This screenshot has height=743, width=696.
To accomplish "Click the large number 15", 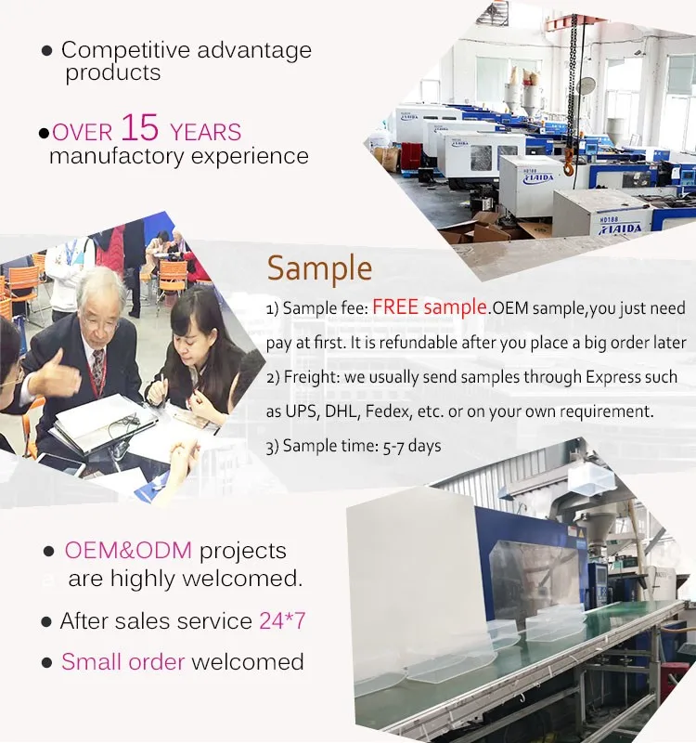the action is (140, 127).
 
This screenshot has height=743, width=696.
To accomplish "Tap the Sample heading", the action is (319, 268).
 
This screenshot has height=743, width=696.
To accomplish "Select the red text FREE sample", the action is (430, 307).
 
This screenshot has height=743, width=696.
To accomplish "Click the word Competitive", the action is (126, 51).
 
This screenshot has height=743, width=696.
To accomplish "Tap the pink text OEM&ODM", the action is (128, 551).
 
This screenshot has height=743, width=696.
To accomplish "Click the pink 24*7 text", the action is (282, 620).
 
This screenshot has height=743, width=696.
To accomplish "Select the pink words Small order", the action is (123, 662).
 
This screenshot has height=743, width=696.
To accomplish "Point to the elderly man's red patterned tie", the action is (98, 369).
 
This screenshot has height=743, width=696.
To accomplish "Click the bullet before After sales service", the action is (46, 621).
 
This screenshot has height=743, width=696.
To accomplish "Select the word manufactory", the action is (117, 156).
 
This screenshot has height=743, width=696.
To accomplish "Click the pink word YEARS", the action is (205, 132).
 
